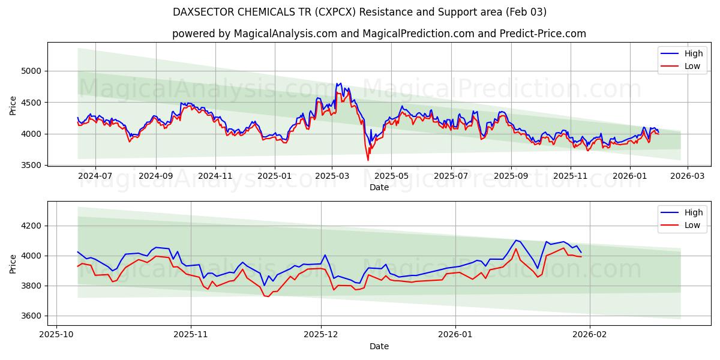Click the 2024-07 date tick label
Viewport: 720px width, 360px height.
click(x=96, y=176)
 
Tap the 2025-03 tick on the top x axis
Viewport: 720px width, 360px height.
click(x=332, y=176)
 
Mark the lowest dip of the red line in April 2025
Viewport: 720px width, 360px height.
click(x=368, y=160)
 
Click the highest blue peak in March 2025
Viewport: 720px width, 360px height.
click(x=341, y=83)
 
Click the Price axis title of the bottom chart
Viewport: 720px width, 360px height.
click(x=13, y=263)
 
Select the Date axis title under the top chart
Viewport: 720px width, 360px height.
click(x=379, y=187)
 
